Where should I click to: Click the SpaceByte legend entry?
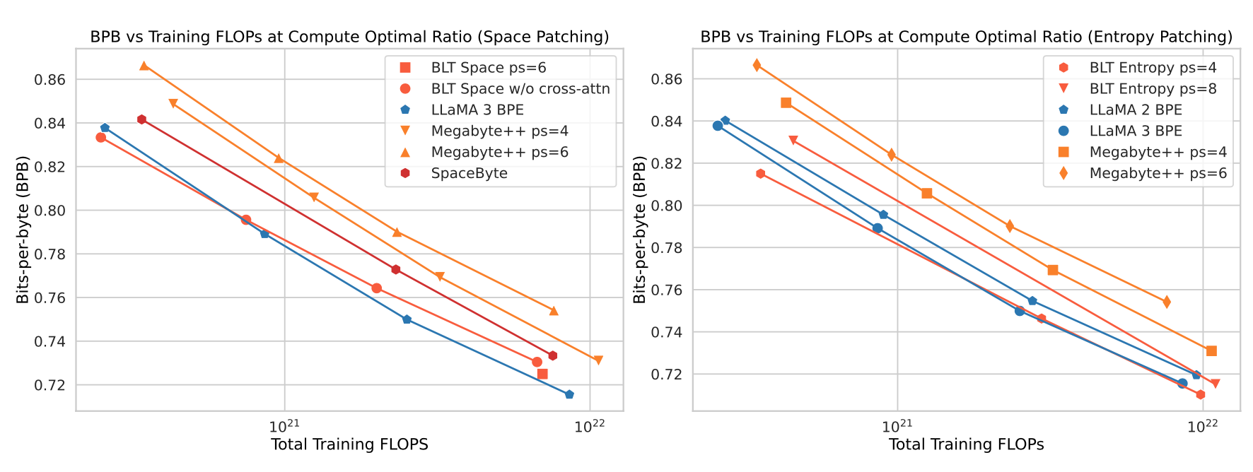tap(469, 173)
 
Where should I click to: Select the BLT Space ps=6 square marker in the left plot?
tap(542, 374)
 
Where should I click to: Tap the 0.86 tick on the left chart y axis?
tap(49, 80)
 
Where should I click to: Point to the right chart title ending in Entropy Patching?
tap(966, 37)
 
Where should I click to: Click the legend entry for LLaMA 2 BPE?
tap(1136, 110)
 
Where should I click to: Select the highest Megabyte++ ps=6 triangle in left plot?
tap(144, 66)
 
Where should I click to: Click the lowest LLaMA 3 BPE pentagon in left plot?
tap(569, 394)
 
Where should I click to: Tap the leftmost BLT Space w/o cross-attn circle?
tap(101, 137)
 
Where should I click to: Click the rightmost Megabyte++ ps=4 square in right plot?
tap(1211, 351)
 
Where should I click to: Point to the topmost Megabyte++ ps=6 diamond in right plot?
tap(757, 65)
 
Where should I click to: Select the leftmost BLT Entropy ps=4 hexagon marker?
tap(760, 174)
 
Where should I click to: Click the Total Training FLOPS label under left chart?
tap(349, 444)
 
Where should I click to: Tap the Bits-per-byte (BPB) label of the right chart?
tap(639, 232)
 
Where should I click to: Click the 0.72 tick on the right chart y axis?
tap(666, 374)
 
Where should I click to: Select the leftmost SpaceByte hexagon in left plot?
tap(141, 119)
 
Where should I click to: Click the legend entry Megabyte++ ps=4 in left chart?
tap(499, 131)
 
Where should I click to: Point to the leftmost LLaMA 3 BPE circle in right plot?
tap(718, 126)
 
